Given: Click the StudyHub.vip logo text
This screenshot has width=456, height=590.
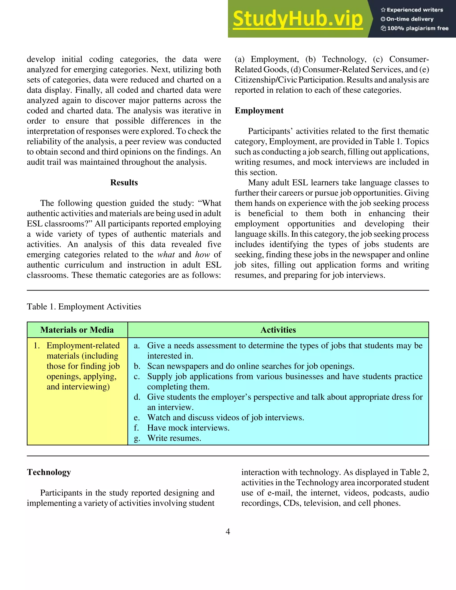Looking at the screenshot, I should [297, 19].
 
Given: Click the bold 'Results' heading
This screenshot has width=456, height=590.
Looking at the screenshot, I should [124, 183].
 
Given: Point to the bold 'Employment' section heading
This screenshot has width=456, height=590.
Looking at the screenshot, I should [259, 111].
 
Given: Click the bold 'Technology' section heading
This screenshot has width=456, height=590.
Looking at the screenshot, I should [49, 472].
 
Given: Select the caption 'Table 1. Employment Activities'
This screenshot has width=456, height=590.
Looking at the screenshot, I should [84, 307].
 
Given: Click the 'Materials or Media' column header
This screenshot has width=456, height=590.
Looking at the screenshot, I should [77, 330].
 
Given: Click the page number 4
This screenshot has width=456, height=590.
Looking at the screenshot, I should [228, 532].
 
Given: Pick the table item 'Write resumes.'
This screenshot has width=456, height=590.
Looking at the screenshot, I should [174, 438].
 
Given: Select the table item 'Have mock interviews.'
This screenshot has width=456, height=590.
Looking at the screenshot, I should [188, 428].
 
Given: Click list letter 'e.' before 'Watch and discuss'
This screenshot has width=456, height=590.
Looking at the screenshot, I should [137, 418].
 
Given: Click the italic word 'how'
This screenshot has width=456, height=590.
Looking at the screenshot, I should [202, 255].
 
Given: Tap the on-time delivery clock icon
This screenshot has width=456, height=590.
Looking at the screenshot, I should [383, 19].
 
